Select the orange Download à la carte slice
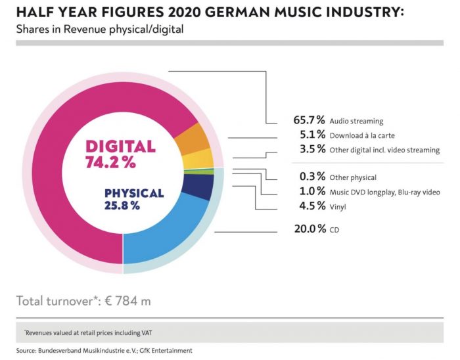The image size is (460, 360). [x=193, y=139]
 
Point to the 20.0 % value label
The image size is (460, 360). [x=310, y=229]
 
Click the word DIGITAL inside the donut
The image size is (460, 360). [x=120, y=147]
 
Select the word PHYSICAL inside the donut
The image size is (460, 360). [x=134, y=193]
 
